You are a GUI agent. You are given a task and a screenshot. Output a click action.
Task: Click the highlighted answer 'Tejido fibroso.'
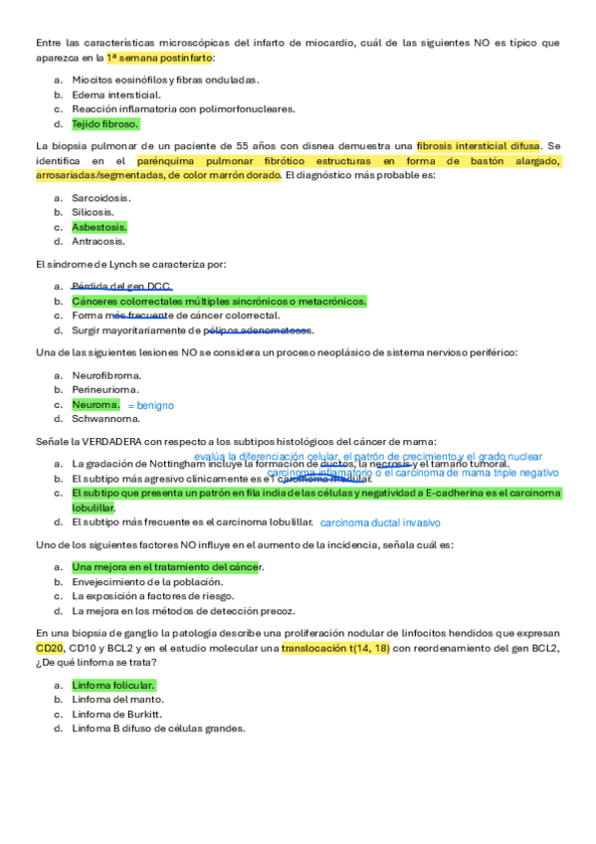pyautogui.click(x=104, y=124)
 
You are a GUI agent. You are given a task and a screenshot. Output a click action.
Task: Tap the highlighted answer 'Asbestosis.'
pyautogui.click(x=99, y=227)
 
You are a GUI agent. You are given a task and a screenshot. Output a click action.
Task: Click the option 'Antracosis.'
pyautogui.click(x=98, y=242)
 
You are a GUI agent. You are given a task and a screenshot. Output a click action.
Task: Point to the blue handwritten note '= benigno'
pyautogui.click(x=151, y=406)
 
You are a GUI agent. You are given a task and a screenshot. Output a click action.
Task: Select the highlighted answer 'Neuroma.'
pyautogui.click(x=96, y=405)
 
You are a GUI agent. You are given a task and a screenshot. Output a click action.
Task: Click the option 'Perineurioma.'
pyautogui.click(x=106, y=390)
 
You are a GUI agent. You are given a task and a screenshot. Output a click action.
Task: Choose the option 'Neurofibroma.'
pyautogui.click(x=105, y=375)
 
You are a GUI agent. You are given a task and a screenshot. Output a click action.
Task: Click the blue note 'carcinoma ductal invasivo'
pyautogui.click(x=379, y=524)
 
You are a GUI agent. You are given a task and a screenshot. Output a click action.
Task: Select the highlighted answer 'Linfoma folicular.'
pyautogui.click(x=113, y=685)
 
